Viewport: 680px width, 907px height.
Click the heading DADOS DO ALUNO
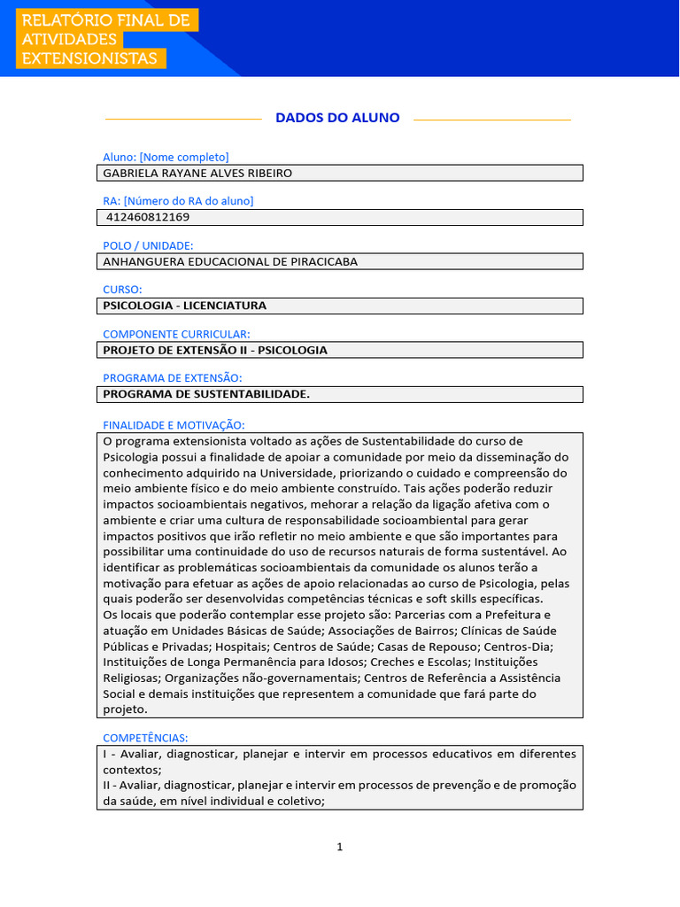pyautogui.click(x=337, y=118)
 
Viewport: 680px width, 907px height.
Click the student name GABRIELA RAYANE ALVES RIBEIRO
pyautogui.click(x=197, y=173)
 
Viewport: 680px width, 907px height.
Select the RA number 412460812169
pyautogui.click(x=147, y=217)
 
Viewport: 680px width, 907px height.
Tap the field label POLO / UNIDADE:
pyautogui.click(x=148, y=245)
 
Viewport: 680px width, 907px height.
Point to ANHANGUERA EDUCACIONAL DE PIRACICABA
pyautogui.click(x=230, y=261)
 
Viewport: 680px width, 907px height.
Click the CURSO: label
pyautogui.click(x=122, y=290)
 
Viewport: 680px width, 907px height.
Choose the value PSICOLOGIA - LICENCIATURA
pyautogui.click(x=185, y=306)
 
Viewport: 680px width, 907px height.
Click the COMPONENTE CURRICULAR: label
pyautogui.click(x=176, y=334)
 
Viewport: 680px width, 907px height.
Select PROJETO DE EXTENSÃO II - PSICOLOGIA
pyautogui.click(x=215, y=350)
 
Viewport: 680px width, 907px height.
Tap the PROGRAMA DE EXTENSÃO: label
pyautogui.click(x=172, y=378)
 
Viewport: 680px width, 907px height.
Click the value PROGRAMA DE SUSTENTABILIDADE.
pyautogui.click(x=206, y=394)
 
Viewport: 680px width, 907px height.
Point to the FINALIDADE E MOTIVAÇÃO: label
pyautogui.click(x=174, y=425)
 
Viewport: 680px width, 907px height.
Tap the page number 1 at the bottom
pyautogui.click(x=339, y=847)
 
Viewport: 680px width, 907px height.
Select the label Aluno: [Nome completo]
pyautogui.click(x=166, y=157)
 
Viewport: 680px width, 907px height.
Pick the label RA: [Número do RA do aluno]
pyautogui.click(x=178, y=201)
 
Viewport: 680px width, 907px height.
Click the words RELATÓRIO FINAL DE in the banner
pyautogui.click(x=105, y=20)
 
